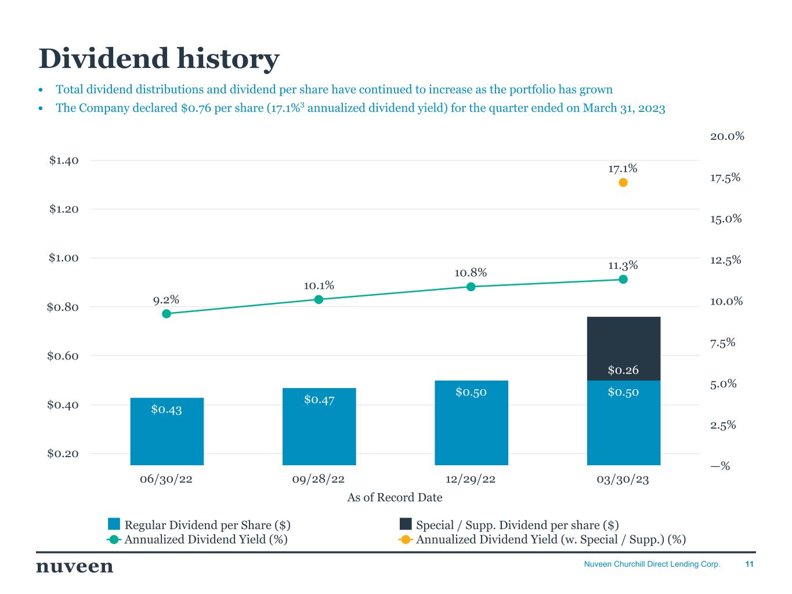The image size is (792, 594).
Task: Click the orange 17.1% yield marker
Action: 623,183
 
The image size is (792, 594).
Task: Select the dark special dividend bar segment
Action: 623,345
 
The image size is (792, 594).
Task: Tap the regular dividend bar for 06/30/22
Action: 167,432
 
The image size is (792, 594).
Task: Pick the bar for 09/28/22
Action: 319,427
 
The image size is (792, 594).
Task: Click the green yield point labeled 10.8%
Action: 471,287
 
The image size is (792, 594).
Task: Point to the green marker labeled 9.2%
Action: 167,314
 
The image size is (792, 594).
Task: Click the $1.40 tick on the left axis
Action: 63,160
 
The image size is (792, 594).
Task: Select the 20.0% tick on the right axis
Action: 727,136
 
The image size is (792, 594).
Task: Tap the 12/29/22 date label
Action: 471,480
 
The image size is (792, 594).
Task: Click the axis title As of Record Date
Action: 395,497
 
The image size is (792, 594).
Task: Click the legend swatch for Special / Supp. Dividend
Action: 406,524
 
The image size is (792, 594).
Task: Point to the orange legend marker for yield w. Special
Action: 406,539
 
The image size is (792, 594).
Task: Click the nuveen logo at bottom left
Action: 75,566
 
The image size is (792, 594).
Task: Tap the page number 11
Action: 749,564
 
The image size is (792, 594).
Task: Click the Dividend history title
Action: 159,59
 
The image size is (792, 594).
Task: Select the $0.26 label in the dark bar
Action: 623,370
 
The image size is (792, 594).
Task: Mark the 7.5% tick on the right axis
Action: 722,343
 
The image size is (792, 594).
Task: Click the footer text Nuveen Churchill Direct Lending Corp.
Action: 652,564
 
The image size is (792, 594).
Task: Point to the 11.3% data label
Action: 623,266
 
